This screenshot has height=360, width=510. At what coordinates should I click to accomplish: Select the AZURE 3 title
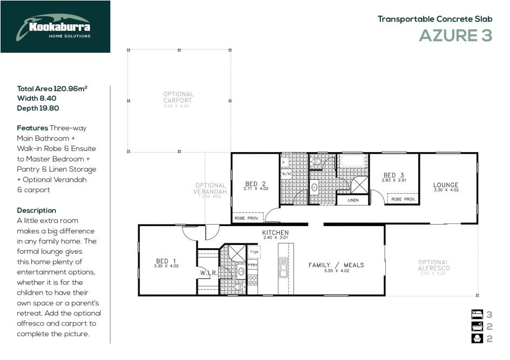[455, 36]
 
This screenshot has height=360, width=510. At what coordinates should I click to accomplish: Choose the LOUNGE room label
[446, 185]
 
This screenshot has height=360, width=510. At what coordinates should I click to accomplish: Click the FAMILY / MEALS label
[336, 265]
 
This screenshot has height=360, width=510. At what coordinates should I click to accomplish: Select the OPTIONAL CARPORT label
[178, 98]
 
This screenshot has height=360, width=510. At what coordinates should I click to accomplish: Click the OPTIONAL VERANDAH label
[211, 188]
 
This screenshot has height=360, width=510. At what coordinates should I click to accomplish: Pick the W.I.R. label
[209, 273]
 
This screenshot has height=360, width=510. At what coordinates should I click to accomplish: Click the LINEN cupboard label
[353, 200]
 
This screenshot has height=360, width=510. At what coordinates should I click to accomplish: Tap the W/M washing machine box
[286, 174]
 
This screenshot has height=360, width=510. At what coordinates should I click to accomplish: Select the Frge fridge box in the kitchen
[254, 252]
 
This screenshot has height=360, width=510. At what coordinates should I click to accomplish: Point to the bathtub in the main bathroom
[352, 161]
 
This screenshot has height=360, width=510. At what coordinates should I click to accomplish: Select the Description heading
[36, 210]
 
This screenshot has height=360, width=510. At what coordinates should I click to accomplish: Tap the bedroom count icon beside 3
[476, 315]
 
